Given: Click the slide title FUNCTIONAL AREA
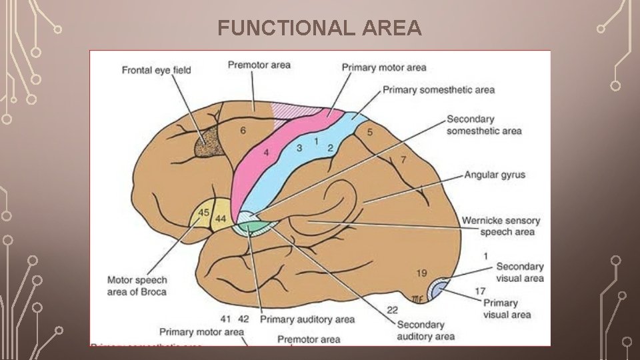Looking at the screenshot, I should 319,28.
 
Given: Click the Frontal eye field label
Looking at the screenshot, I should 156,70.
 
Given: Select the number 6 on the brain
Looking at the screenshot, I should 243,131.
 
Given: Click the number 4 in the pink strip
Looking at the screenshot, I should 266,153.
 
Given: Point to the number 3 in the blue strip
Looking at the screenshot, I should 299,147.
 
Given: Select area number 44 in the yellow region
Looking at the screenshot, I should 221,219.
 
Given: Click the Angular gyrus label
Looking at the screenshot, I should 495,175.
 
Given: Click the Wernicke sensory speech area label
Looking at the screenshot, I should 501,226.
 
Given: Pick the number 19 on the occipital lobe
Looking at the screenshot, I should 421,273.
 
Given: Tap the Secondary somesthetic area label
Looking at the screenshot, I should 484,125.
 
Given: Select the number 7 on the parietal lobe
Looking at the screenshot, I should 403,160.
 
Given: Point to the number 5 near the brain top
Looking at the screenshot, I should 370,133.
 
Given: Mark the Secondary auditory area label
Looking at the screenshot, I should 421,331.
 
